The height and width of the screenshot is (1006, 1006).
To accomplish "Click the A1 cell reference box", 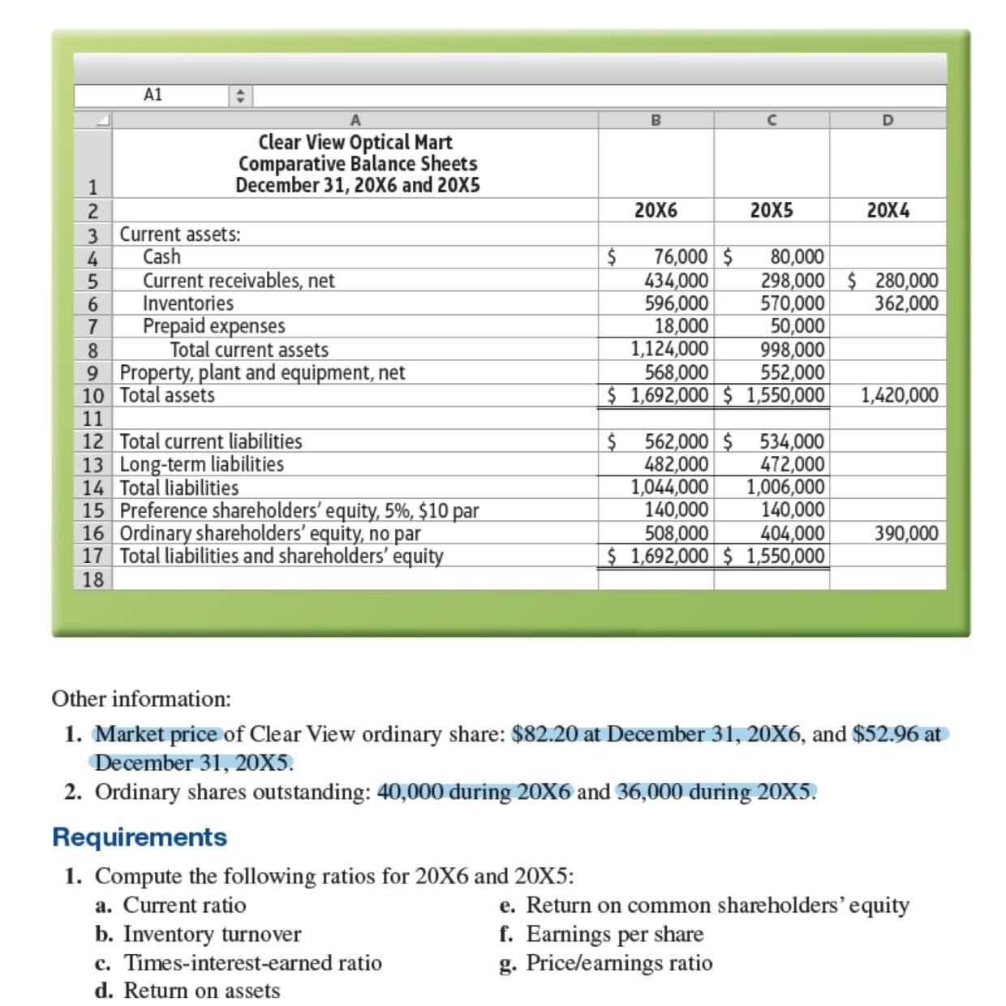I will click(x=153, y=95).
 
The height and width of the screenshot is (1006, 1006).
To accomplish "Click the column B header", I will click(x=656, y=120).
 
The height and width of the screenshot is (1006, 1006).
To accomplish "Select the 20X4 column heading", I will click(x=888, y=211).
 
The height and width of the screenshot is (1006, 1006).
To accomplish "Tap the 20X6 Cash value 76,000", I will click(x=680, y=257).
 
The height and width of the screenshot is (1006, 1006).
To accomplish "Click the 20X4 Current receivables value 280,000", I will click(x=906, y=281).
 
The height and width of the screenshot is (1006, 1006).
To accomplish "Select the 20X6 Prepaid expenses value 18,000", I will click(x=681, y=326).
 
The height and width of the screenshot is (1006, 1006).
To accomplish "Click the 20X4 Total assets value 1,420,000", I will click(x=899, y=396).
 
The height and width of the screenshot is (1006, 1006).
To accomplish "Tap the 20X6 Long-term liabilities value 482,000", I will click(x=676, y=465).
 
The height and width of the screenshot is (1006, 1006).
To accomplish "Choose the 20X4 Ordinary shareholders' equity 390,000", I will click(x=905, y=534).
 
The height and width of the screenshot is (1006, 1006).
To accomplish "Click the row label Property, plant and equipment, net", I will click(x=262, y=372).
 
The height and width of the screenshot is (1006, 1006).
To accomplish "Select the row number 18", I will click(x=92, y=579).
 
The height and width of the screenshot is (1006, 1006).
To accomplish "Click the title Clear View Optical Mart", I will click(x=355, y=142).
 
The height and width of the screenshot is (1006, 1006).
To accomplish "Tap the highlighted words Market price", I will click(x=157, y=734).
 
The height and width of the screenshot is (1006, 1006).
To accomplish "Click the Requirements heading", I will click(x=140, y=836).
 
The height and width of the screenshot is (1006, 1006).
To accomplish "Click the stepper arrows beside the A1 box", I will click(x=239, y=96).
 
